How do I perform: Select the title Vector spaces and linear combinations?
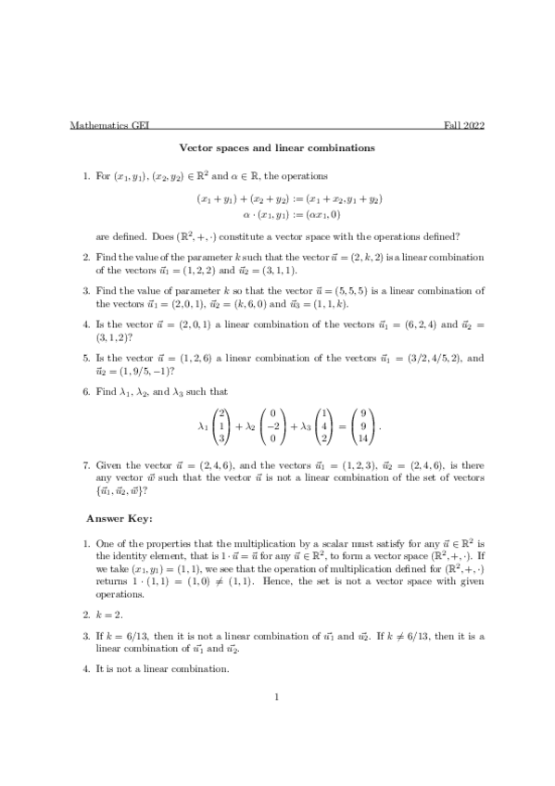(277, 147)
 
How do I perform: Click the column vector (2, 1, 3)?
(222, 425)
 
